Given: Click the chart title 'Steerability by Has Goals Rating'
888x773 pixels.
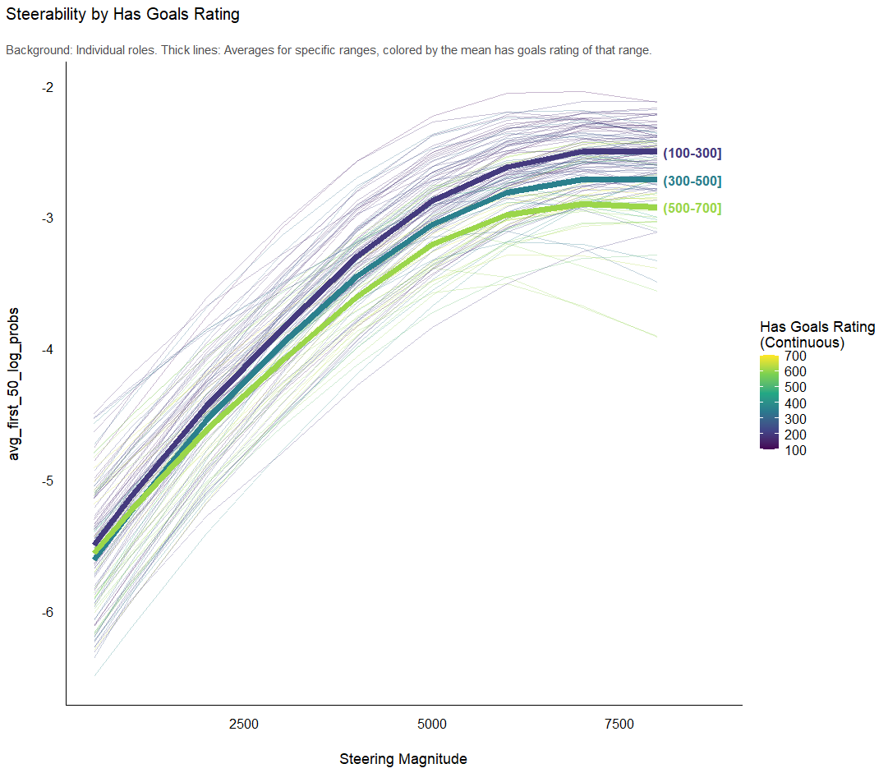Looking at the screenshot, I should coord(123,15).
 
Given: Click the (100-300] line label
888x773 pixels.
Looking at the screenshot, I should coord(692,154).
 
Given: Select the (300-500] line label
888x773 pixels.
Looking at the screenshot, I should coord(692,181).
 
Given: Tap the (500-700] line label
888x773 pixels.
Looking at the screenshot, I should coord(692,209).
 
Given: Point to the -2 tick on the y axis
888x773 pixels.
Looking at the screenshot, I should coord(48,87).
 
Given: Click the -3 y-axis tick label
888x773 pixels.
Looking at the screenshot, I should coord(48,219).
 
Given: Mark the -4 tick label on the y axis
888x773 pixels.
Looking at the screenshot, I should coord(48,350).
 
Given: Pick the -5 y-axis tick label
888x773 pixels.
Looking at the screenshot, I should coord(48,481).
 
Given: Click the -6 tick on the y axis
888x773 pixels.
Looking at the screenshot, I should coord(48,613).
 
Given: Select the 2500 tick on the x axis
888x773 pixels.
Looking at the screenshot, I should coord(243,724).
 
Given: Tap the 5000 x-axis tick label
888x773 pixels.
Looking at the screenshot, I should coord(432,724).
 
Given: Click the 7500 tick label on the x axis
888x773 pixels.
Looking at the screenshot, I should coord(619,724).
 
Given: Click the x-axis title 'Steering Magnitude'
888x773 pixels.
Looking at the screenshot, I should coord(403,759).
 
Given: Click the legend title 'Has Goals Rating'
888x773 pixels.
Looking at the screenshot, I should coord(817,327).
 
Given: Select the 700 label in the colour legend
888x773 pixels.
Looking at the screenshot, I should coord(795,357).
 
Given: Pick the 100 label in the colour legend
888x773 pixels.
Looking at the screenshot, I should coord(795,450).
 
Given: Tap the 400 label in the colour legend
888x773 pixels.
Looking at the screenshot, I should coord(795,403).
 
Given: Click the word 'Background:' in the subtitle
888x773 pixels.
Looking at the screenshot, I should coord(39,51).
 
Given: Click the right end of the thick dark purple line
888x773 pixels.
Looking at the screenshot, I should coord(655,152).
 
